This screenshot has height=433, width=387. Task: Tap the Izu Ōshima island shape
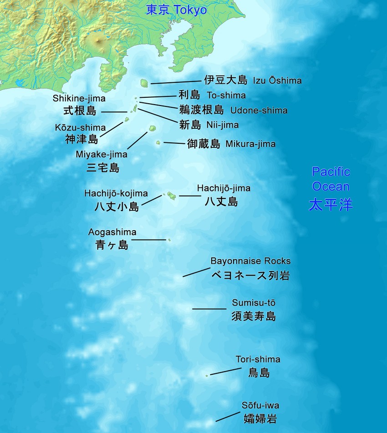pyautogui.click(x=144, y=83)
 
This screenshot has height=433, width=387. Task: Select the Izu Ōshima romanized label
pyautogui.click(x=277, y=81)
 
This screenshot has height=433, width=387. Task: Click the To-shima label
pyautogui.click(x=226, y=95)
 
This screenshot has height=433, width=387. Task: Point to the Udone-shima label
pyautogui.click(x=259, y=110)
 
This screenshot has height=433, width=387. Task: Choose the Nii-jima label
pyautogui.click(x=222, y=124)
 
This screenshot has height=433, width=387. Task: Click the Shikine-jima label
pyautogui.click(x=79, y=98)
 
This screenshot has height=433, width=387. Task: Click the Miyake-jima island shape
pyautogui.click(x=152, y=130)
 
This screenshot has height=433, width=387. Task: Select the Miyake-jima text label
pyautogui.click(x=102, y=155)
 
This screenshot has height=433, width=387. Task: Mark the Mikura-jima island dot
pyautogui.click(x=158, y=143)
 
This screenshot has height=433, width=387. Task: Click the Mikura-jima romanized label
pyautogui.click(x=250, y=144)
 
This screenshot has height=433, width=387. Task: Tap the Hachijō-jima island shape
pyautogui.click(x=172, y=196)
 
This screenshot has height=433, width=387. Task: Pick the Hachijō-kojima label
pyautogui.click(x=116, y=193)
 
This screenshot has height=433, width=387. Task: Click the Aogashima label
pyautogui.click(x=112, y=232)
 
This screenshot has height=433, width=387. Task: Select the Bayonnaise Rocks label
pyautogui.click(x=250, y=261)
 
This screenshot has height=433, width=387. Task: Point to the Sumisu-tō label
pyautogui.click(x=254, y=303)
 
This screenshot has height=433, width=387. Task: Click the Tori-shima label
pyautogui.click(x=258, y=359)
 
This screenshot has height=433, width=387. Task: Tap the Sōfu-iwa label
pyautogui.click(x=260, y=405)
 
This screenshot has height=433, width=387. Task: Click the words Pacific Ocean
pyautogui.click(x=331, y=179)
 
